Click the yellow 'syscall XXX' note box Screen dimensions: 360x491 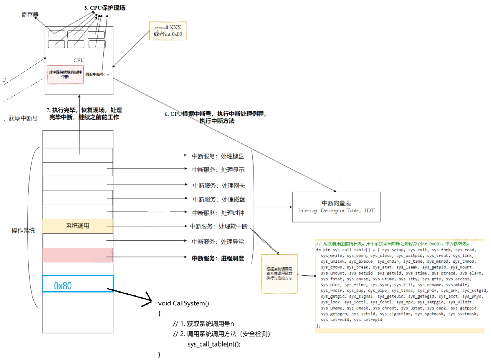tap(168, 31)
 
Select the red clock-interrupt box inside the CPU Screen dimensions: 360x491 tap(65, 75)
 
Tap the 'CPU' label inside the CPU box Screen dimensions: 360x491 tap(79, 60)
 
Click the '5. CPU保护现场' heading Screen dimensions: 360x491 tap(105, 8)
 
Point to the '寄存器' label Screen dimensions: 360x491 tap(30, 15)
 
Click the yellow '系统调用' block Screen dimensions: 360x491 tap(78, 226)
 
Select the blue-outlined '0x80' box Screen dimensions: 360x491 tap(78, 284)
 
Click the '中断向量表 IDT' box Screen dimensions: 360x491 tap(336, 207)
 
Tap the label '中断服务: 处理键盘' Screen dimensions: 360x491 tap(218, 156)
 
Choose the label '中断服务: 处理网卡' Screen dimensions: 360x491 tap(219, 186)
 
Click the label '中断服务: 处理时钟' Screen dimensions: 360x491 tap(218, 213)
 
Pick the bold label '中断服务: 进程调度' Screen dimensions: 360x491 tap(218, 258)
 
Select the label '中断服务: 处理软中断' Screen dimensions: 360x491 tap(219, 227)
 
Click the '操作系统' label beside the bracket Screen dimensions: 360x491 tap(23, 231)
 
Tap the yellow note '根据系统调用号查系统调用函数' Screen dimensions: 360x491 tap(279, 274)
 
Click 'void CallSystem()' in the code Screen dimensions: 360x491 tap(184, 303)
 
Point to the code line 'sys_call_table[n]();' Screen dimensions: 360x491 tap(214, 344)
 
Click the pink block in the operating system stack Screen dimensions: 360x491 tap(78, 255)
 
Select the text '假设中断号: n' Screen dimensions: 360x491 tap(97, 74)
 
